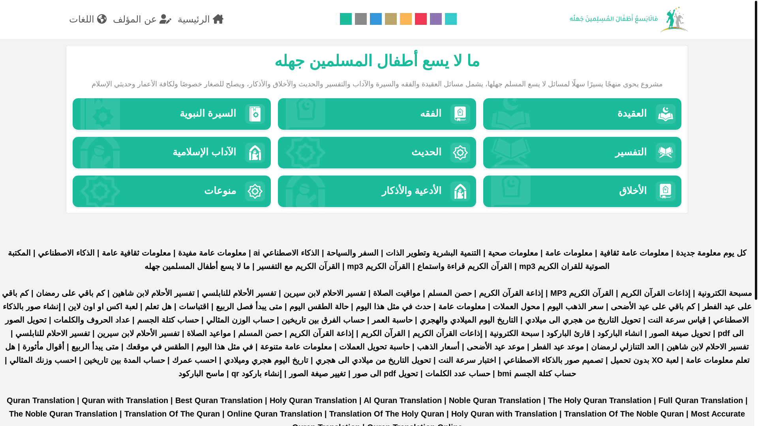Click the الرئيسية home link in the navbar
coord(201,19)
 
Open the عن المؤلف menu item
coord(142,19)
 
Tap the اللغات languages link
coord(88,19)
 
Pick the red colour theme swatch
coord(420,19)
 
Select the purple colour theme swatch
coord(435,19)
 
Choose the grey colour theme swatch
coord(360,19)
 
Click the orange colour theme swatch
coord(405,19)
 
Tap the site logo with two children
coord(674,19)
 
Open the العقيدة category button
coord(582,114)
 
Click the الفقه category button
coord(377,114)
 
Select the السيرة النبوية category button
coord(171,114)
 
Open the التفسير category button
coord(582,153)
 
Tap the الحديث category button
coord(377,153)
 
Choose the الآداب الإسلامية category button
coord(171,153)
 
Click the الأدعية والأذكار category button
coord(377,191)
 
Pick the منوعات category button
coord(171,191)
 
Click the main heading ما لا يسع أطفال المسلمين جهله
coord(377,61)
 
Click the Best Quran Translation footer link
coord(219,400)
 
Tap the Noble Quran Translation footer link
coord(495,400)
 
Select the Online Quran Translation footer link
coord(274,414)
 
